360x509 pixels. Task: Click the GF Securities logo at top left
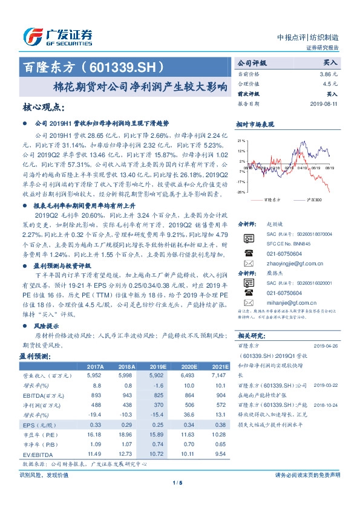(57, 36)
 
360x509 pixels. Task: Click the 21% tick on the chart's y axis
(241, 140)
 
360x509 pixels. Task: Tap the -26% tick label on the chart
(241, 192)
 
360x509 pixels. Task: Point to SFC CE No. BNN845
(284, 243)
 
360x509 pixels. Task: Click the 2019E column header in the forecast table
(158, 367)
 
